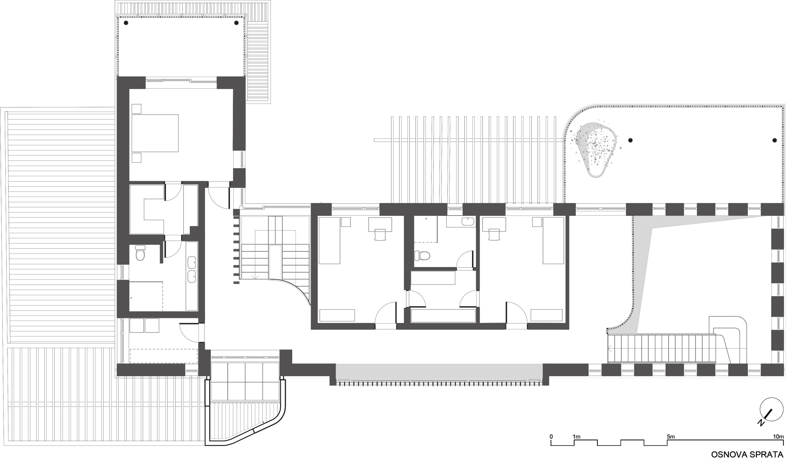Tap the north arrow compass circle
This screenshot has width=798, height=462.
tap(772, 409)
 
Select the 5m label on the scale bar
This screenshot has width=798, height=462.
tap(671, 436)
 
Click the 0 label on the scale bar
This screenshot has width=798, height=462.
tap(551, 436)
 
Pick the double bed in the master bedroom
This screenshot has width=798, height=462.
tap(155, 133)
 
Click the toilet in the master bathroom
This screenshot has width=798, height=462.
tap(140, 253)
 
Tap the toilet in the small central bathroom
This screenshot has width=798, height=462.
tap(422, 255)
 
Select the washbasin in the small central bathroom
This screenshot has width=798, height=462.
tap(467, 221)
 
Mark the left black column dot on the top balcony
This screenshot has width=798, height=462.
tap(126, 23)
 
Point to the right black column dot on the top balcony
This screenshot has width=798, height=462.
tap(236, 23)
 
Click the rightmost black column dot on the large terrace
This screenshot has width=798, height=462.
tap(775, 140)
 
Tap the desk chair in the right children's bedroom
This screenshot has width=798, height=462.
tap(494, 235)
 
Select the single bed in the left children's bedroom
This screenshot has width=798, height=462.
tap(329, 241)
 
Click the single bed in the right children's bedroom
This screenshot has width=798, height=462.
tap(554, 241)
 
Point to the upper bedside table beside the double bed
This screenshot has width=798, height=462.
tap(137, 109)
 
